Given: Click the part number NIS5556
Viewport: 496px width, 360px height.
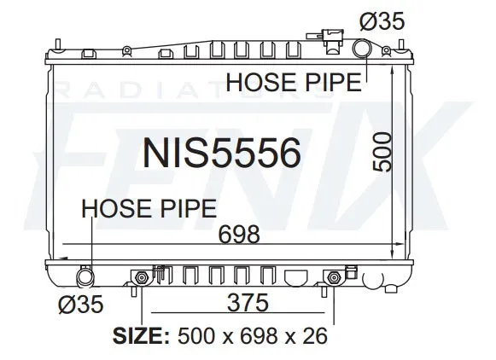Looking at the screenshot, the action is tap(221, 154).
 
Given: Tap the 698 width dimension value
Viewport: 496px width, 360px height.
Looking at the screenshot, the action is tap(239, 235).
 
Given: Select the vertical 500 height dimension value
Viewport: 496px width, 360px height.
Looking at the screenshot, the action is tap(382, 152).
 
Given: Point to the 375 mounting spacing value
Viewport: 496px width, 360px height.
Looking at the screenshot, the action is tap(248, 303).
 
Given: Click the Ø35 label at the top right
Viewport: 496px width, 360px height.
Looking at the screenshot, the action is tap(382, 21).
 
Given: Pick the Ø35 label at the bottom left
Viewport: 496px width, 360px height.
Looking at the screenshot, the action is tap(81, 304).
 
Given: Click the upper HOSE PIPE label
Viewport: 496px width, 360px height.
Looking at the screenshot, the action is tap(294, 82).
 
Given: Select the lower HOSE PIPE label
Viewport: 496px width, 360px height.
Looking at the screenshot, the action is tap(149, 208).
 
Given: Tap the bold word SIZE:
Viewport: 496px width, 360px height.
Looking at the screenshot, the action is tap(141, 335).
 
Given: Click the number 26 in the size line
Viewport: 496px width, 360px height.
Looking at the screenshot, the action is tap(314, 335).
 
